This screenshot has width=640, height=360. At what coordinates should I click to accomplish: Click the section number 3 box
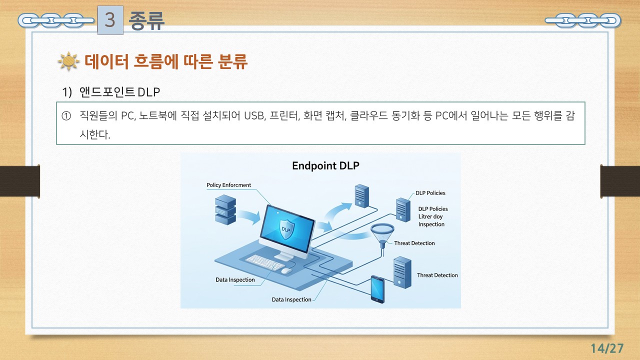click(x=110, y=20)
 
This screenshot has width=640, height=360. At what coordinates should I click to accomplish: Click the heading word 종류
click(x=146, y=20)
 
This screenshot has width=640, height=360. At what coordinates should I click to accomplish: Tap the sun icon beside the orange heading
click(x=68, y=61)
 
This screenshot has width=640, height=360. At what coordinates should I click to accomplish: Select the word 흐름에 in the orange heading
click(x=159, y=62)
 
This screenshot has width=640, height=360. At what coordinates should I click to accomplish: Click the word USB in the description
click(x=254, y=116)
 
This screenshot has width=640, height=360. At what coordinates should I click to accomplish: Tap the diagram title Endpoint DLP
click(x=325, y=165)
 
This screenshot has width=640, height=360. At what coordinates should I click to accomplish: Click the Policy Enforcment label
click(x=228, y=185)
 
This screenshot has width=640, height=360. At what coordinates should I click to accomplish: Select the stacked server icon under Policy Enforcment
click(x=225, y=210)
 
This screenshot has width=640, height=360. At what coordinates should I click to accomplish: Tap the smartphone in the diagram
click(x=377, y=289)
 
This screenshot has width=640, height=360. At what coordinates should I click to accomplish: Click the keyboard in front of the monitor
click(x=265, y=262)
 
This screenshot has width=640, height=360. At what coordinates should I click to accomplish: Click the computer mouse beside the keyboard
click(x=286, y=270)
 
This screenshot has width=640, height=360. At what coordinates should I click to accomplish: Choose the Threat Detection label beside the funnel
click(x=414, y=243)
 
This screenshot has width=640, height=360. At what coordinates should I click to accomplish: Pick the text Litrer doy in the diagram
click(x=430, y=216)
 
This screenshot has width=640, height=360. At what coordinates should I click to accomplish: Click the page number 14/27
click(x=607, y=348)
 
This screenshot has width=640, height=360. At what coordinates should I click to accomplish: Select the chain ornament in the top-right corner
click(x=582, y=20)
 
